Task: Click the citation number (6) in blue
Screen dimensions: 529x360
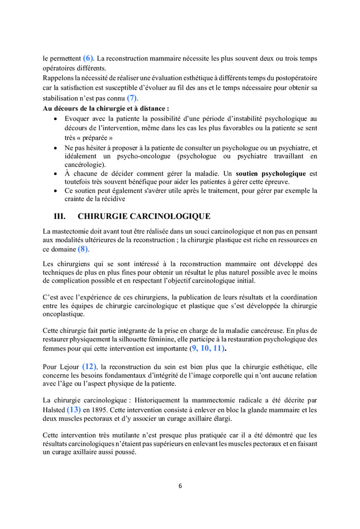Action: [x=88, y=58]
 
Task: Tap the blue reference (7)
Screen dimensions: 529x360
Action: [x=132, y=97]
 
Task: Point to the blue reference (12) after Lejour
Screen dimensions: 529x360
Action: [x=89, y=366]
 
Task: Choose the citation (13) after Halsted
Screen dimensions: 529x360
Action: [x=74, y=410]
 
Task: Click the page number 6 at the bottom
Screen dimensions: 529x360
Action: [x=180, y=485]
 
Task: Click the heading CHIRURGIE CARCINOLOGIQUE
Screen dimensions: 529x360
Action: [x=144, y=216]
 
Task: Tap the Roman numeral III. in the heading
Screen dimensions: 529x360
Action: [x=60, y=216]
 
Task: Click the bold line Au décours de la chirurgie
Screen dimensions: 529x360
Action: [x=106, y=109]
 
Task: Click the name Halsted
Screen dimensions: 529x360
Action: [x=54, y=411]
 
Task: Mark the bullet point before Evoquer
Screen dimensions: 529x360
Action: [x=56, y=119]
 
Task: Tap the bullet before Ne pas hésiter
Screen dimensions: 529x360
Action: [x=56, y=147]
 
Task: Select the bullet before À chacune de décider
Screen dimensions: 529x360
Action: [x=56, y=174]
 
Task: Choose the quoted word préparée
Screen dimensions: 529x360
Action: [x=96, y=137]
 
